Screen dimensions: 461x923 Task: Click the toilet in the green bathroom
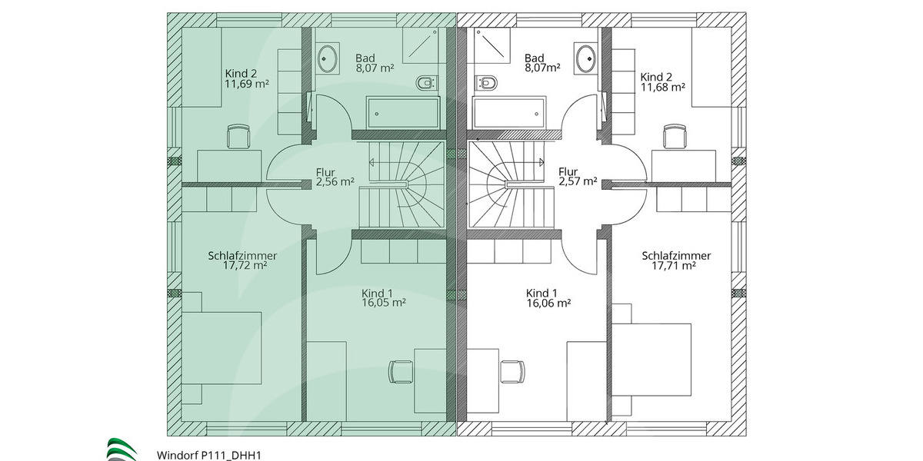(425, 81)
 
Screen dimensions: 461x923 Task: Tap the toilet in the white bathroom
(487, 81)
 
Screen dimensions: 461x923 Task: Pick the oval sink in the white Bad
(585, 58)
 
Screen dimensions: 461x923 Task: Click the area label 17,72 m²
(245, 266)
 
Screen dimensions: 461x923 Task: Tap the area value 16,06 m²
(548, 303)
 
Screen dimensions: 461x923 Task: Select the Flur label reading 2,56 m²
(335, 182)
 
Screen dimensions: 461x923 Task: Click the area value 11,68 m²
(662, 88)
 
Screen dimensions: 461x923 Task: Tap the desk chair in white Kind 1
(511, 371)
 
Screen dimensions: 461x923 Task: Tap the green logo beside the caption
(122, 449)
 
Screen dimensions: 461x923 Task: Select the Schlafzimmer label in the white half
(676, 256)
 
